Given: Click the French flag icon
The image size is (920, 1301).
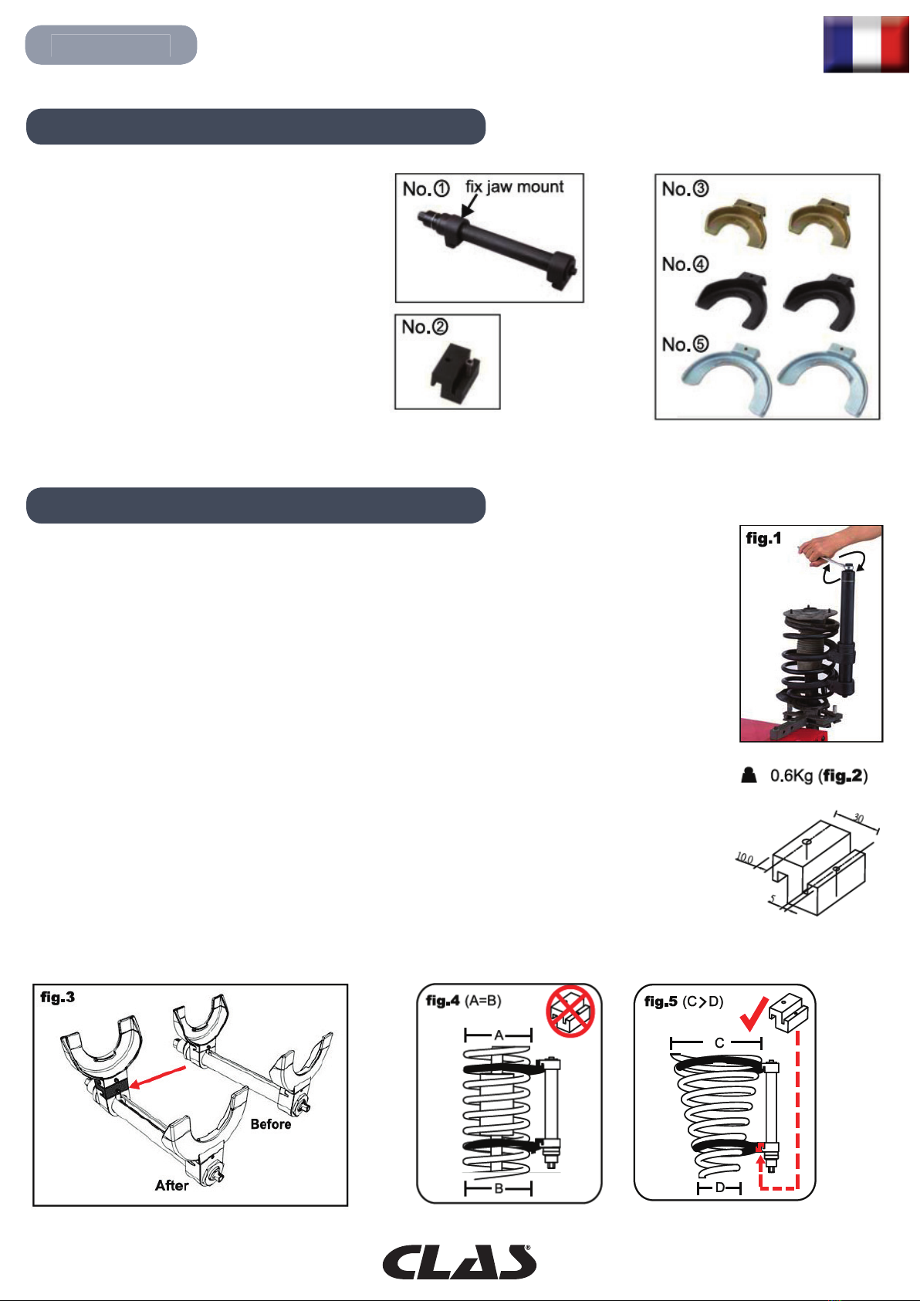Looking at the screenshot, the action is tap(866, 44).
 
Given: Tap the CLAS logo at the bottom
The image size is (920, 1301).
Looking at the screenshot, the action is tap(459, 1262).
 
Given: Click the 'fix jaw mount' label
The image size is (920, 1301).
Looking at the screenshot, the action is tap(514, 187).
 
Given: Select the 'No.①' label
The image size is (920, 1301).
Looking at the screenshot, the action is tap(426, 188).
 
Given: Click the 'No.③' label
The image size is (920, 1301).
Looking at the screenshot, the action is tap(685, 188).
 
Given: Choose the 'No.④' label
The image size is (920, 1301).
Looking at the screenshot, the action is tap(685, 264).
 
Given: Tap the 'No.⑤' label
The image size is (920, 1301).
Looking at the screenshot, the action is tap(685, 344).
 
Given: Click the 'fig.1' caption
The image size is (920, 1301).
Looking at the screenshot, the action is tap(763, 538).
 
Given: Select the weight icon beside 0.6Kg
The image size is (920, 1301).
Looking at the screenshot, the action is tap(749, 775).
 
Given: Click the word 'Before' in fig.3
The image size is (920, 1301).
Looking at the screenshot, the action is tap(270, 1124).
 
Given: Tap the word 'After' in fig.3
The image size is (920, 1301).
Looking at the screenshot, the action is tap(171, 1185).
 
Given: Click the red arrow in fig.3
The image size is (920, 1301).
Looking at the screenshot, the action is tap(158, 1076).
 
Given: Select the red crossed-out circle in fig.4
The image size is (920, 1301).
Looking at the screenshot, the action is tap(570, 1011).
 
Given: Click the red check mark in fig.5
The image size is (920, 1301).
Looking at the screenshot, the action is tap(754, 1014).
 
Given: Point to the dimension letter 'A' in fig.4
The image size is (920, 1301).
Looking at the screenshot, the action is tap(499, 1035).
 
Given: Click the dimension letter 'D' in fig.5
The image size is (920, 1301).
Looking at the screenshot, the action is tap(720, 1188).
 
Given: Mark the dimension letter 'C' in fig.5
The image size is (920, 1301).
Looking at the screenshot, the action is tap(719, 1043).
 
